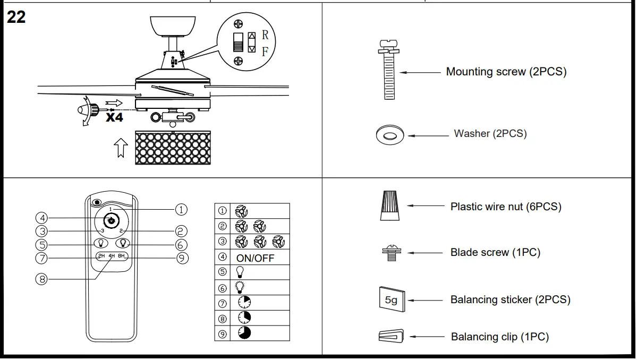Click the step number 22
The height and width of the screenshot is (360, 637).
click(x=16, y=17)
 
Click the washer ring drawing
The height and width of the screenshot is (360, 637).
click(x=389, y=135)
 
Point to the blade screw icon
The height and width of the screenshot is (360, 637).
click(x=391, y=253)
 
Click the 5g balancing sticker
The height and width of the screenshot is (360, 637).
click(x=391, y=300)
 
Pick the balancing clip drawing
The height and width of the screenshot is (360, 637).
click(x=390, y=336)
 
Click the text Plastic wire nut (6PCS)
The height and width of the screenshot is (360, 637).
click(x=505, y=207)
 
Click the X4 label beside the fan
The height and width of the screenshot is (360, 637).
click(x=114, y=117)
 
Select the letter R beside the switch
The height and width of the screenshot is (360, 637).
click(x=265, y=36)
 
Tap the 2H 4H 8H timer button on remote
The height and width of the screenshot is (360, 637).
click(x=112, y=256)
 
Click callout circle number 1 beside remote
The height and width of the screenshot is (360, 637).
click(x=181, y=209)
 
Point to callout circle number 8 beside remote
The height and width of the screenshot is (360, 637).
click(x=41, y=278)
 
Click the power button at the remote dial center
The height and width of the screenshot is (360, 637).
click(x=111, y=220)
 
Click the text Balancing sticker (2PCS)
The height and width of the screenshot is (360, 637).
click(x=510, y=300)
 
